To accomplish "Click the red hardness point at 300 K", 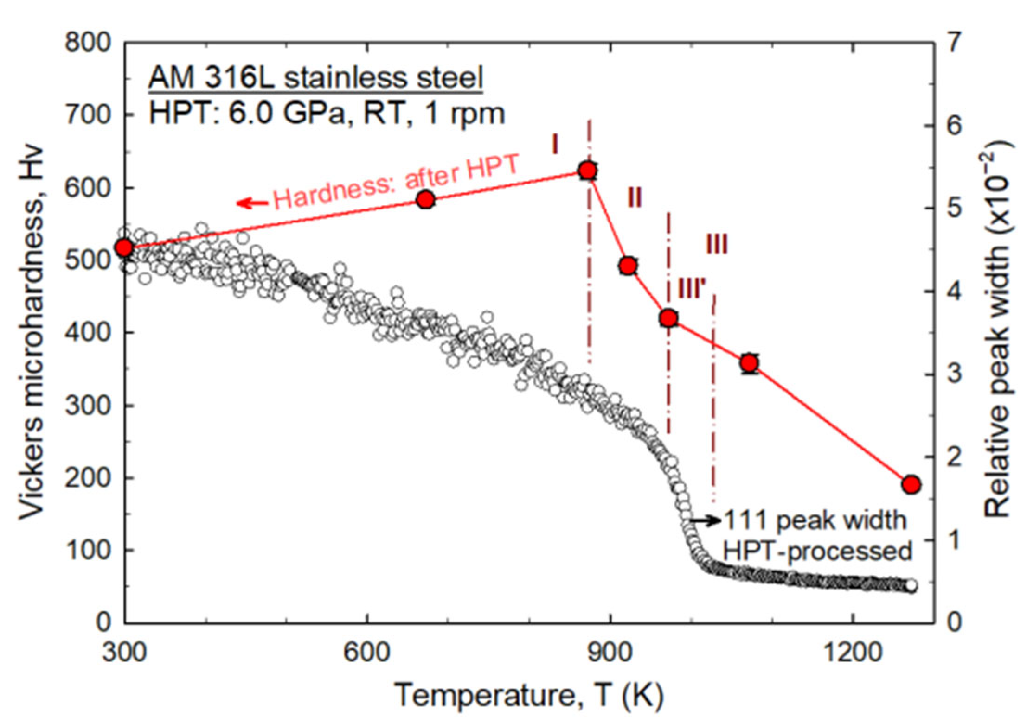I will [x=124, y=247].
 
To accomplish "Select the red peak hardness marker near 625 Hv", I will [x=588, y=171].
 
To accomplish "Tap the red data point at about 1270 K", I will [x=911, y=484].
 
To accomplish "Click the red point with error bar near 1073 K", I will [x=750, y=363].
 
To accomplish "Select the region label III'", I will [x=692, y=289].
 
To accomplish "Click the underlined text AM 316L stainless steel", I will [x=315, y=77].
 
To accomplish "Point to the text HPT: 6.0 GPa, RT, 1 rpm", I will [x=327, y=113].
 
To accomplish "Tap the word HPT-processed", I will [x=818, y=552].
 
